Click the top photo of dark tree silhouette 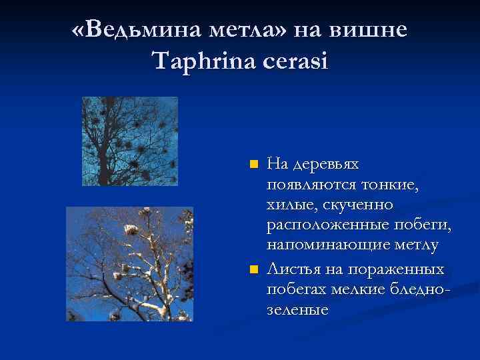tap(129, 141)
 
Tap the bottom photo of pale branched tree tap(129, 264)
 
